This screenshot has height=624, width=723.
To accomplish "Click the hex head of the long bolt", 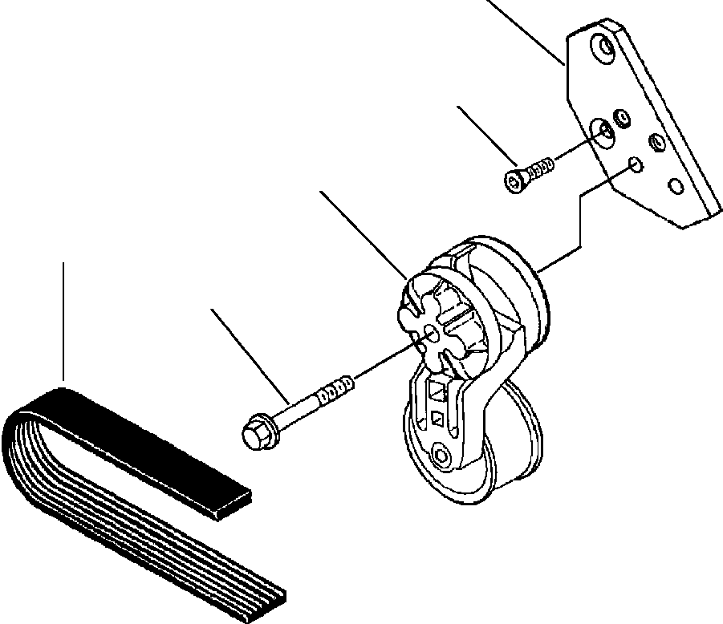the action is (254, 433).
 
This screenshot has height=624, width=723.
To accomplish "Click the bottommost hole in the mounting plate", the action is (676, 186).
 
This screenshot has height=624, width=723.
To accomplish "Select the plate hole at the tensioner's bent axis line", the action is (635, 164).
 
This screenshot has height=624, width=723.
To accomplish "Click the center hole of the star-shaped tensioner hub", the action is (431, 331).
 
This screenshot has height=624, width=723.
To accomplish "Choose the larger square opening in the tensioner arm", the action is (437, 392).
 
